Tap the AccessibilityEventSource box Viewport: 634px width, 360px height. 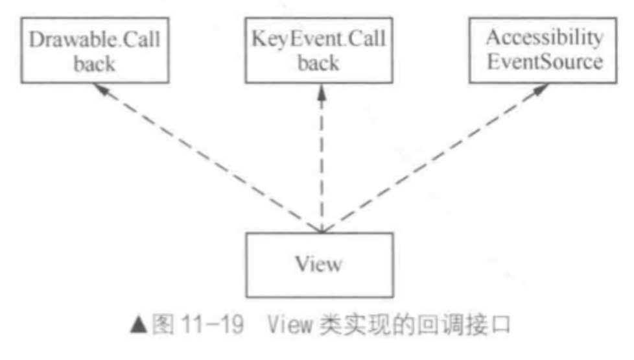544,51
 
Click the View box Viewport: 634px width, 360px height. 319,265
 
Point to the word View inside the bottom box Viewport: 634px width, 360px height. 319,265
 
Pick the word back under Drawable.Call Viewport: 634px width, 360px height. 93,64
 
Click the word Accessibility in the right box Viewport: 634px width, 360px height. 544,38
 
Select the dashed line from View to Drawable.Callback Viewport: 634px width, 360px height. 207,159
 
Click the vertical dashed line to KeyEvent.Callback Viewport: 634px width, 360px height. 320,162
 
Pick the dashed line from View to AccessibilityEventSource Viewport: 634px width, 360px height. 431,159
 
